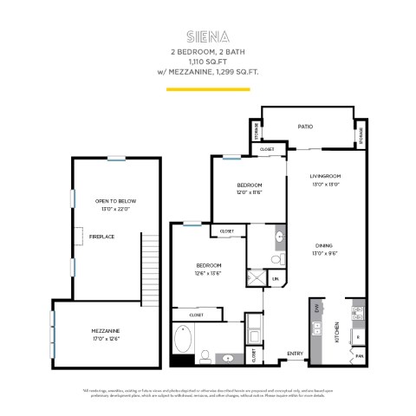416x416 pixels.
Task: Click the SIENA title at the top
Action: click(x=207, y=37)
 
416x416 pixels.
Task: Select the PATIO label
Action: click(x=305, y=127)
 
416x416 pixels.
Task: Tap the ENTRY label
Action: click(x=295, y=354)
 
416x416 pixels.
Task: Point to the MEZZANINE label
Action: click(x=106, y=330)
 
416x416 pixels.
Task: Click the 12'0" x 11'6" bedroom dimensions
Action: click(x=250, y=192)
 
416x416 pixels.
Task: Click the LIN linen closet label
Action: click(x=276, y=279)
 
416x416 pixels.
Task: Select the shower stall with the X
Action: click(x=257, y=277)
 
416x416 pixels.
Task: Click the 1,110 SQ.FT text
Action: click(x=208, y=62)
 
